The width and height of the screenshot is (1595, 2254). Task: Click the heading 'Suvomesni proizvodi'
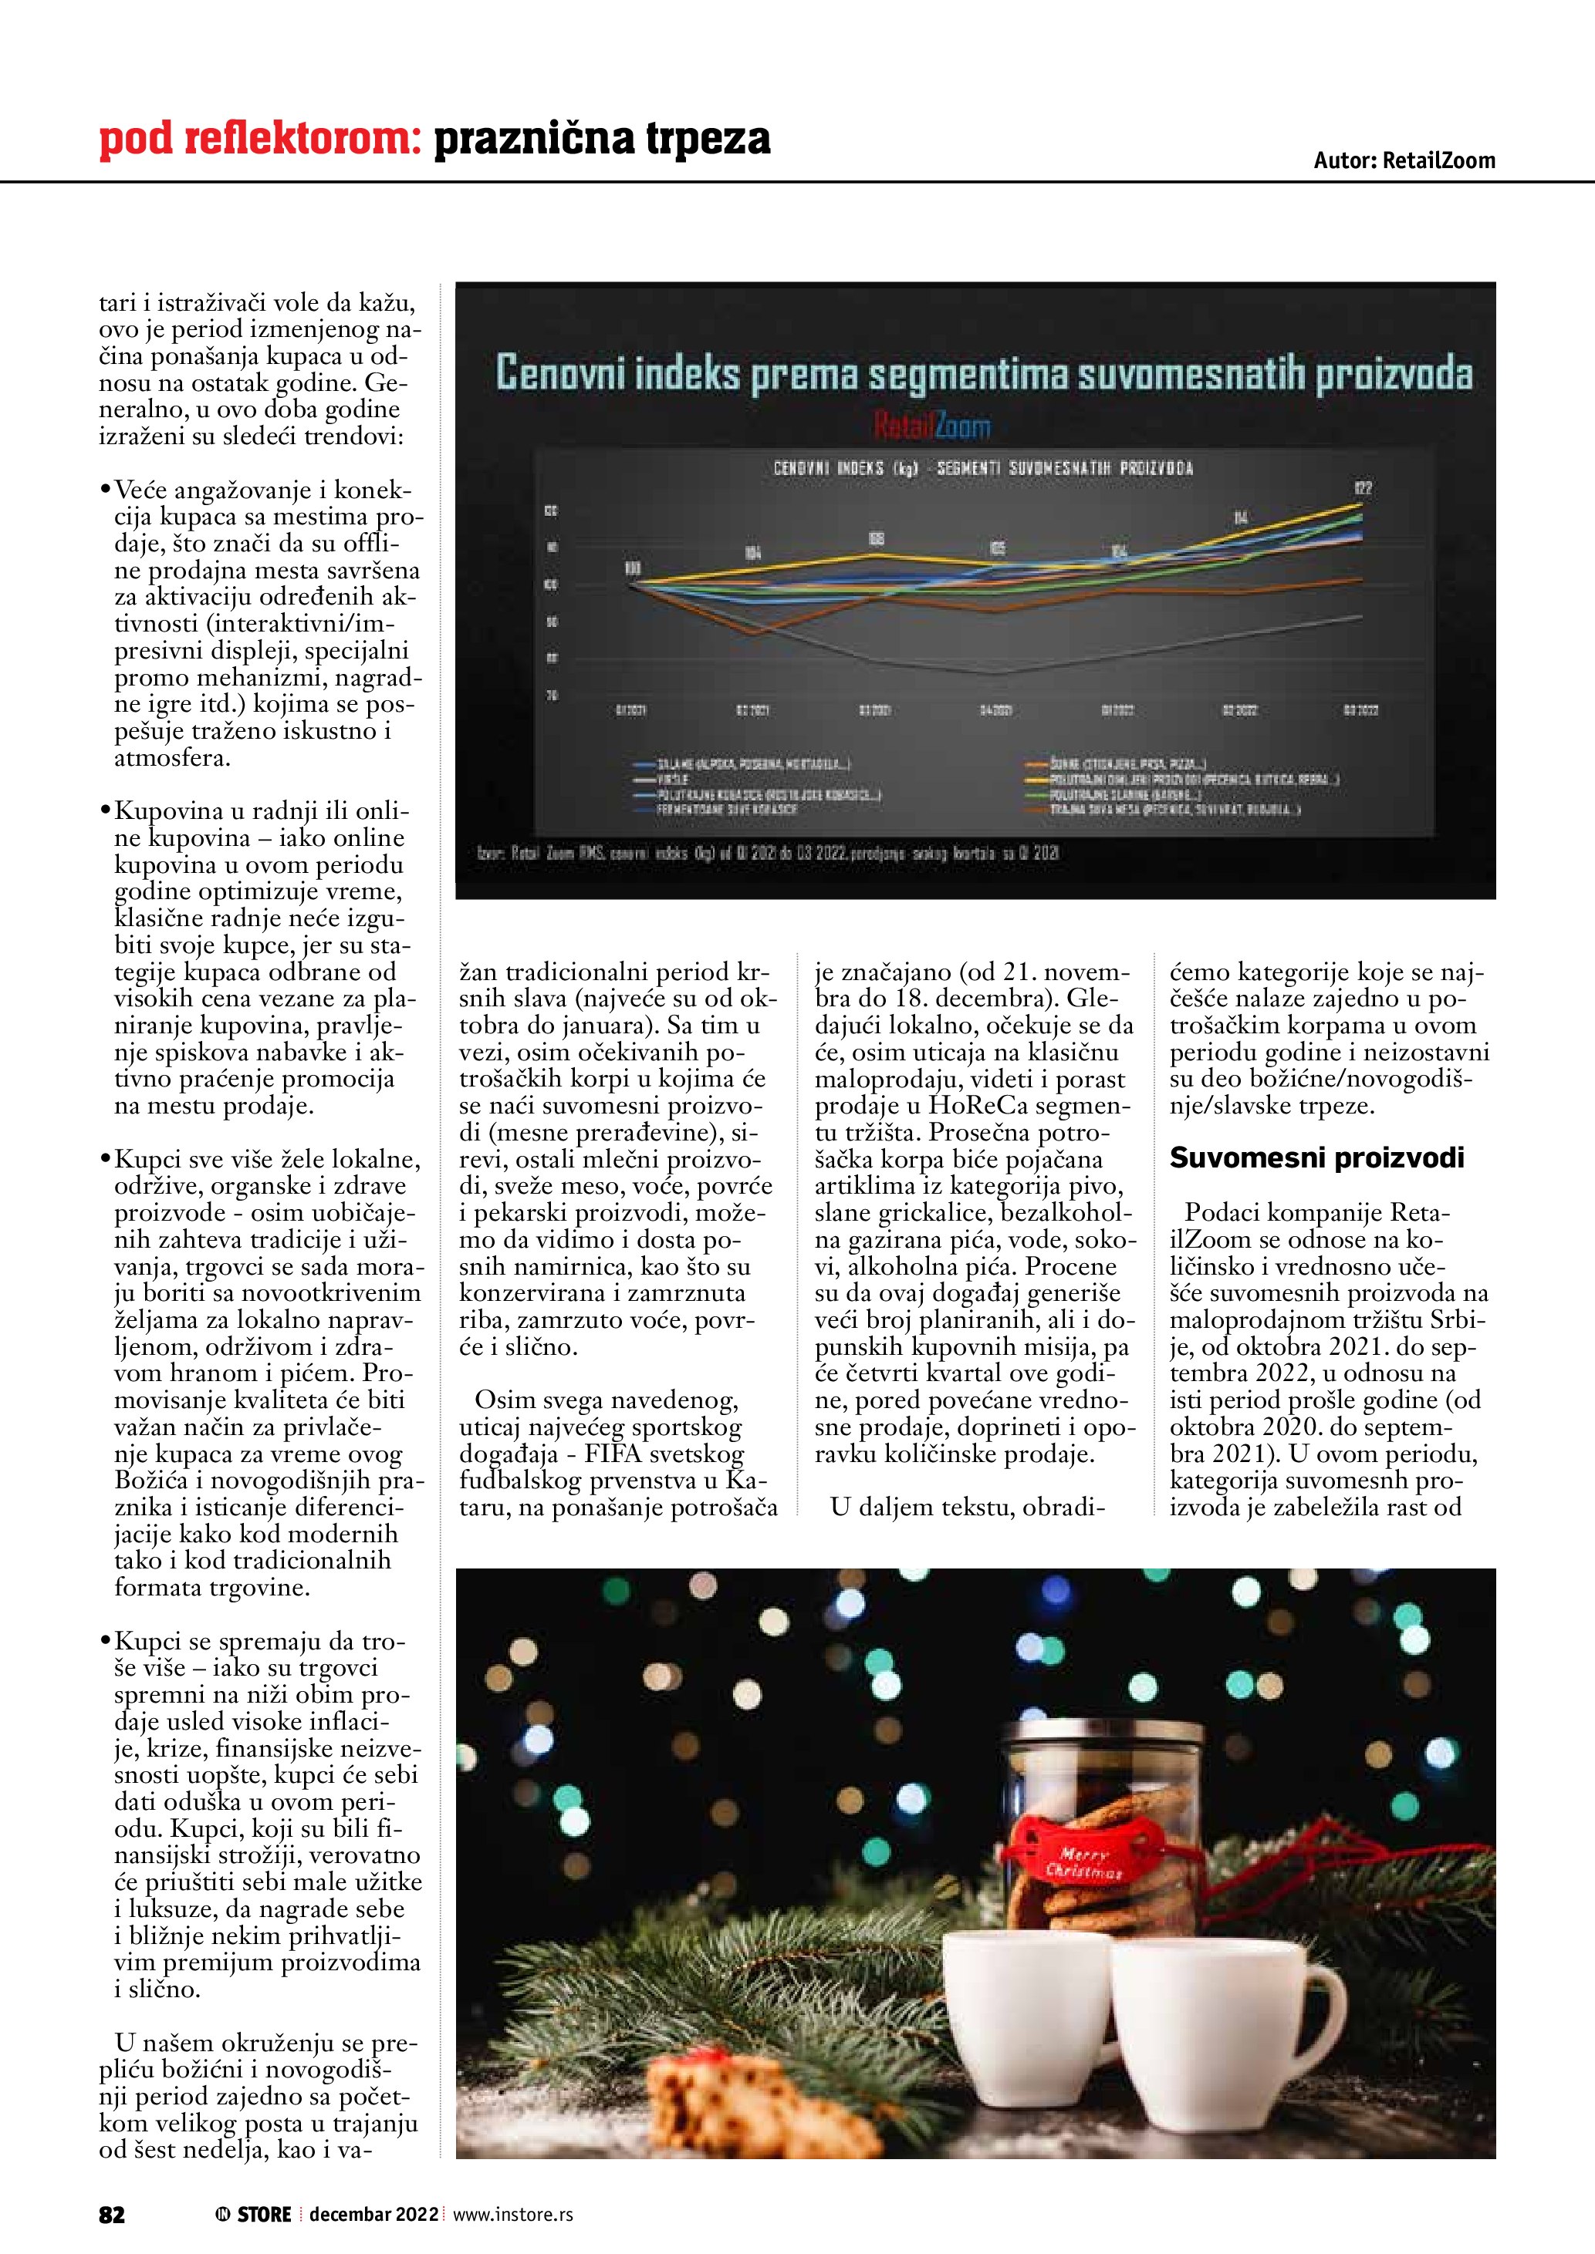tap(1316, 1158)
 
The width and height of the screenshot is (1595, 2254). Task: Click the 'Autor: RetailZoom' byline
tap(1404, 161)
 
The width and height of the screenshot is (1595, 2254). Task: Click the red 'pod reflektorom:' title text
tap(259, 139)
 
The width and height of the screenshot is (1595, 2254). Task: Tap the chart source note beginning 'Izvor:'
tap(767, 852)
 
